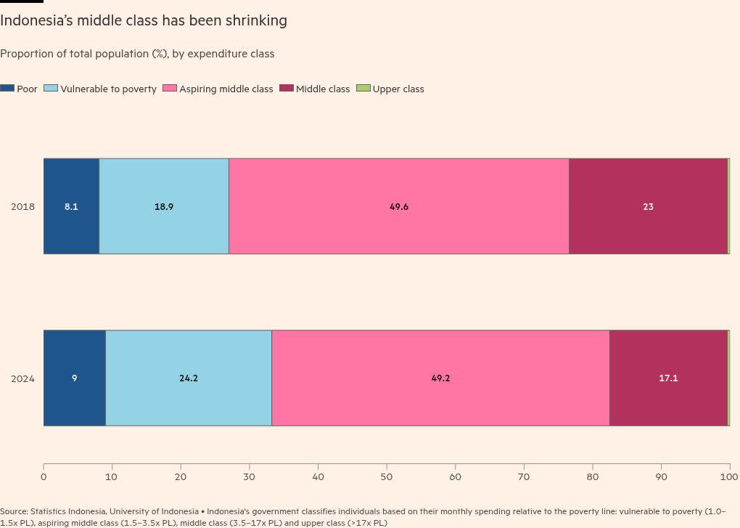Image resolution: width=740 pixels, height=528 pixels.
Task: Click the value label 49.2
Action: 440,378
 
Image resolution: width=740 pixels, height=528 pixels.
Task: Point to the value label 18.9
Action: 164,207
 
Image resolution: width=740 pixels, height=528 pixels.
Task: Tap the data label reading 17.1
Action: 668,378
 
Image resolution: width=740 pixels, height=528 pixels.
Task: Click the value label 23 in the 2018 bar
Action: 648,207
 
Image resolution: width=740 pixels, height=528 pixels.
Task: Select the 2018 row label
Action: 22,207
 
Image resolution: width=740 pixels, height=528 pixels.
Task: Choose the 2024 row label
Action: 22,378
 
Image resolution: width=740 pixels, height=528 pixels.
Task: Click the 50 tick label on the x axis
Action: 387,477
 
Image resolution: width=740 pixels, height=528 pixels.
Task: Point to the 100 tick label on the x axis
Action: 728,477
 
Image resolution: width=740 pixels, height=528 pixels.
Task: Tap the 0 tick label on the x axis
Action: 44,477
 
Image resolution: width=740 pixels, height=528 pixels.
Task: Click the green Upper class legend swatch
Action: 363,89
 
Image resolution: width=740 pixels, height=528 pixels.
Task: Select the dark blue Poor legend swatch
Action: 7,89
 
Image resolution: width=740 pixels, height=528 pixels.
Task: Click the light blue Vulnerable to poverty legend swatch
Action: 51,89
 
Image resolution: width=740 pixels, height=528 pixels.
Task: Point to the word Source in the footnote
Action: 14,511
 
